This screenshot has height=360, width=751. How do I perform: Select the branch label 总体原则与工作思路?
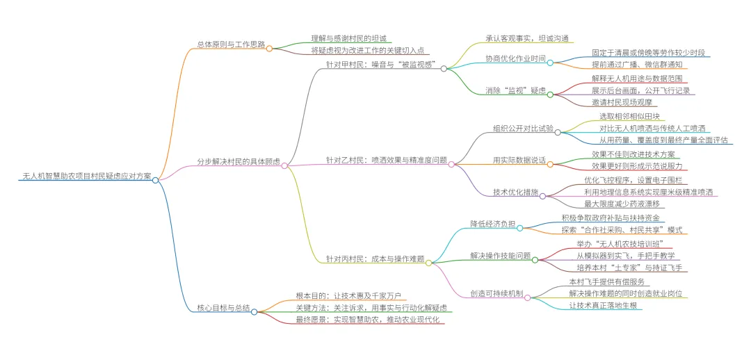click(231, 44)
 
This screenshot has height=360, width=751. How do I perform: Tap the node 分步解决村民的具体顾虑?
click(239, 161)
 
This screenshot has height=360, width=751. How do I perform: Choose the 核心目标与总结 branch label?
click(223, 307)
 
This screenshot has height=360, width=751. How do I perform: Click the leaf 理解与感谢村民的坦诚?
click(348, 38)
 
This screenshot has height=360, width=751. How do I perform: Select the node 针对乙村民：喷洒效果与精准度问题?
click(387, 160)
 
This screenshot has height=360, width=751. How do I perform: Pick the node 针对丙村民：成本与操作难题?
click(375, 258)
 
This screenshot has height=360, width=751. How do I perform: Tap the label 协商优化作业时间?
click(515, 58)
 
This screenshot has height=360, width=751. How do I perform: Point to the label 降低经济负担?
click(492, 223)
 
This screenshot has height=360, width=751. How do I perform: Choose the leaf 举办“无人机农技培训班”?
click(624, 243)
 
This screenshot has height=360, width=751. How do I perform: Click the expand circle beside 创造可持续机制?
click(528, 297)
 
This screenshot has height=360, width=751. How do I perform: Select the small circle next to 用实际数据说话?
click(550, 164)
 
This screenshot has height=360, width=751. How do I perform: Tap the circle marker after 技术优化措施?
click(542, 196)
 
